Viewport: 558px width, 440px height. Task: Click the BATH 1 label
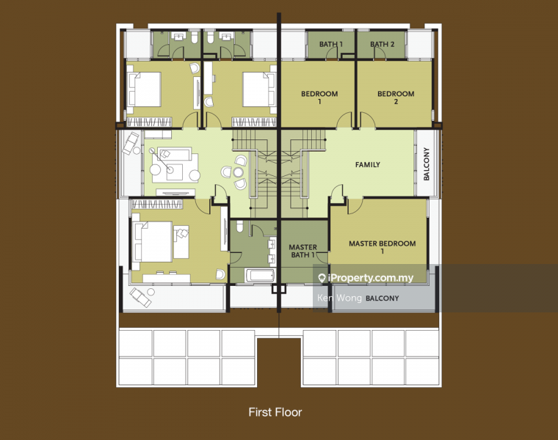[331, 45]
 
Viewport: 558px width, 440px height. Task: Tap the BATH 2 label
[383, 45]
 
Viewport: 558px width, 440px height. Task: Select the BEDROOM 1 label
[319, 98]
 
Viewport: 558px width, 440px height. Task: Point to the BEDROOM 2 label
[396, 98]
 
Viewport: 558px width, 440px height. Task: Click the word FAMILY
[368, 164]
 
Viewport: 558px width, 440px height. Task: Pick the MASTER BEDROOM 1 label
[383, 247]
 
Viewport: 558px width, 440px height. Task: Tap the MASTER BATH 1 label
[302, 251]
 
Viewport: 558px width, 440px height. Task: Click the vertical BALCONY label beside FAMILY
[427, 164]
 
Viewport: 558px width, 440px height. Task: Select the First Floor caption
[275, 412]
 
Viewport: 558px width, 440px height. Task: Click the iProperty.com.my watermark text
[371, 278]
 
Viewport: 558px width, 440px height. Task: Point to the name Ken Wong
[339, 298]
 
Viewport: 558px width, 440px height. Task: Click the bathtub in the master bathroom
[260, 276]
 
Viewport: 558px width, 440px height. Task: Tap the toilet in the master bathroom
[239, 226]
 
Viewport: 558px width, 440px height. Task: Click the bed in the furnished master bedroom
[152, 242]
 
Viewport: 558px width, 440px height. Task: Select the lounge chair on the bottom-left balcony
[140, 298]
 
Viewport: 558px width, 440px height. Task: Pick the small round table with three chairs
[238, 172]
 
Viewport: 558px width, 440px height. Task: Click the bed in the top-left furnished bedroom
[144, 89]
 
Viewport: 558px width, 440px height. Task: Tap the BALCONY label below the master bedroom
[383, 298]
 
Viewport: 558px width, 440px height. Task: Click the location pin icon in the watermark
[322, 278]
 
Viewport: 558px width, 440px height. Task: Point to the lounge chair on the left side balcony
[130, 143]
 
